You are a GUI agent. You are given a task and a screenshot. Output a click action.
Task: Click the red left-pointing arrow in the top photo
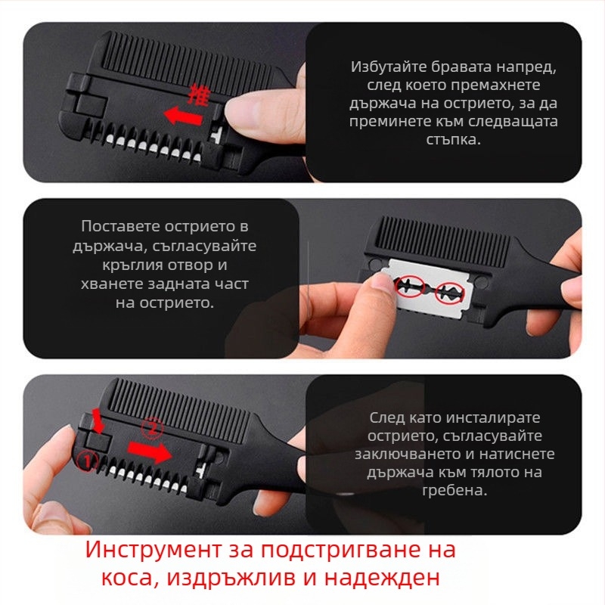coord(184,116)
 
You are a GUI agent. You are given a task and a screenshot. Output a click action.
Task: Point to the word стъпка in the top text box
coord(453,140)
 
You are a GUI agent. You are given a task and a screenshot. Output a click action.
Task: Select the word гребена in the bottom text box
coord(453,490)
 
